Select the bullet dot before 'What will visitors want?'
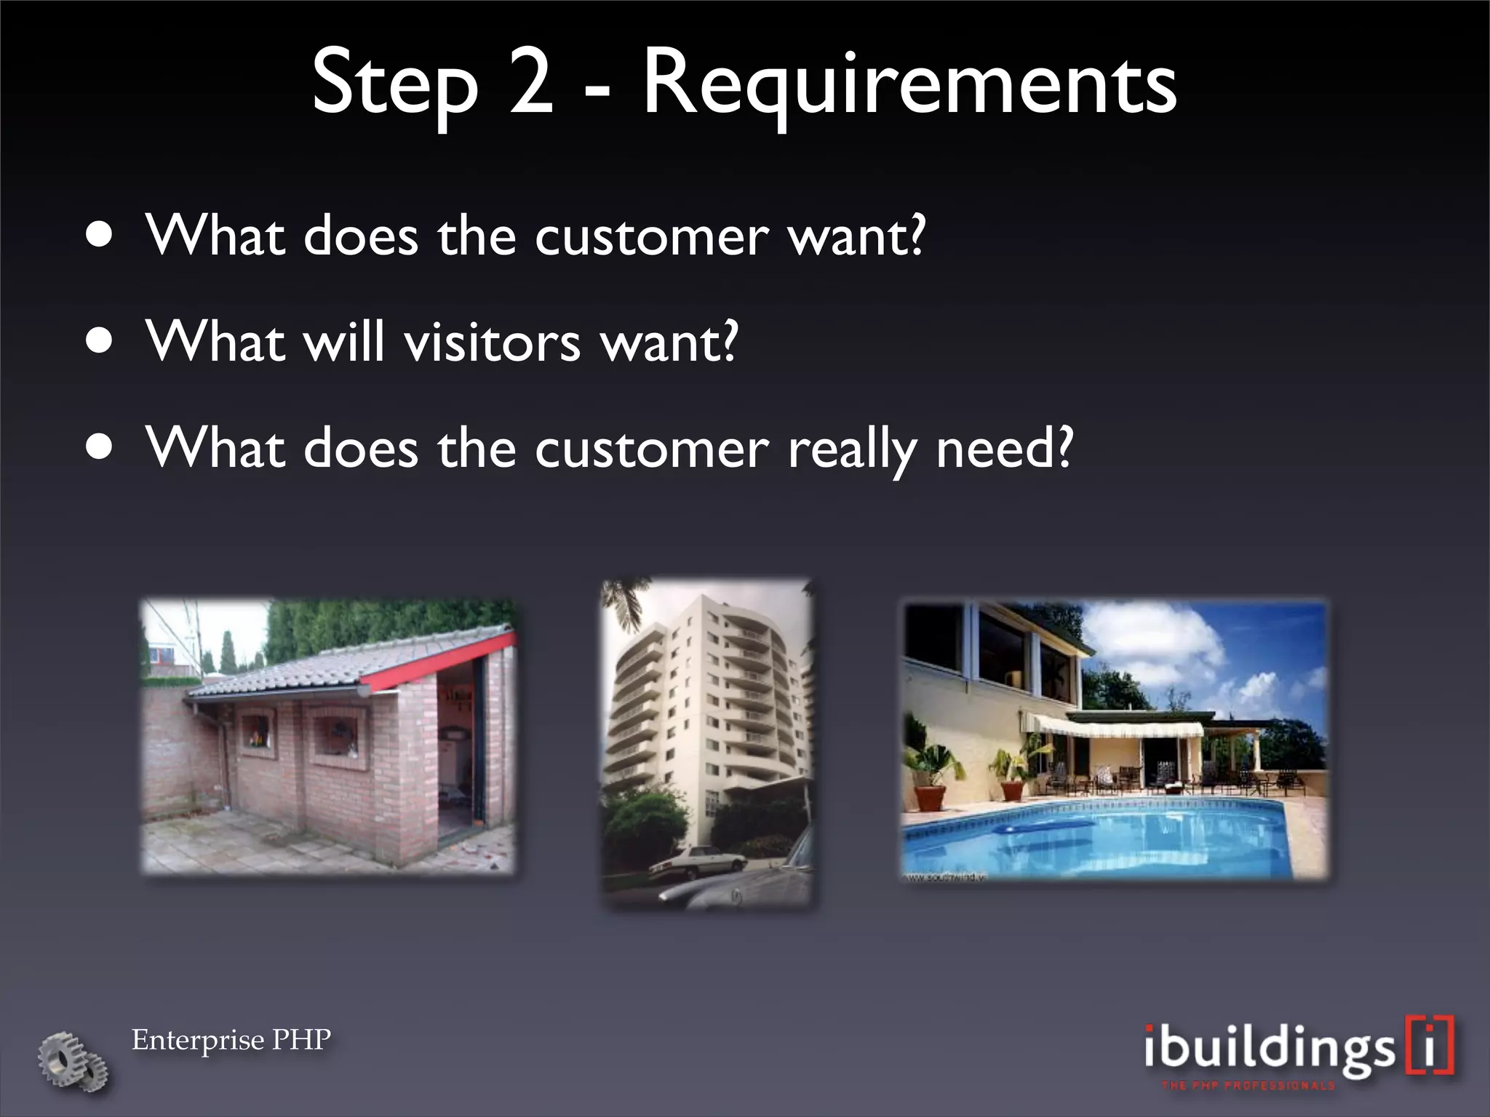[x=98, y=341]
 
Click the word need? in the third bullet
[x=1004, y=448]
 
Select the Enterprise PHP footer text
[x=231, y=1040]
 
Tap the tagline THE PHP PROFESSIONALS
[x=1247, y=1086]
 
